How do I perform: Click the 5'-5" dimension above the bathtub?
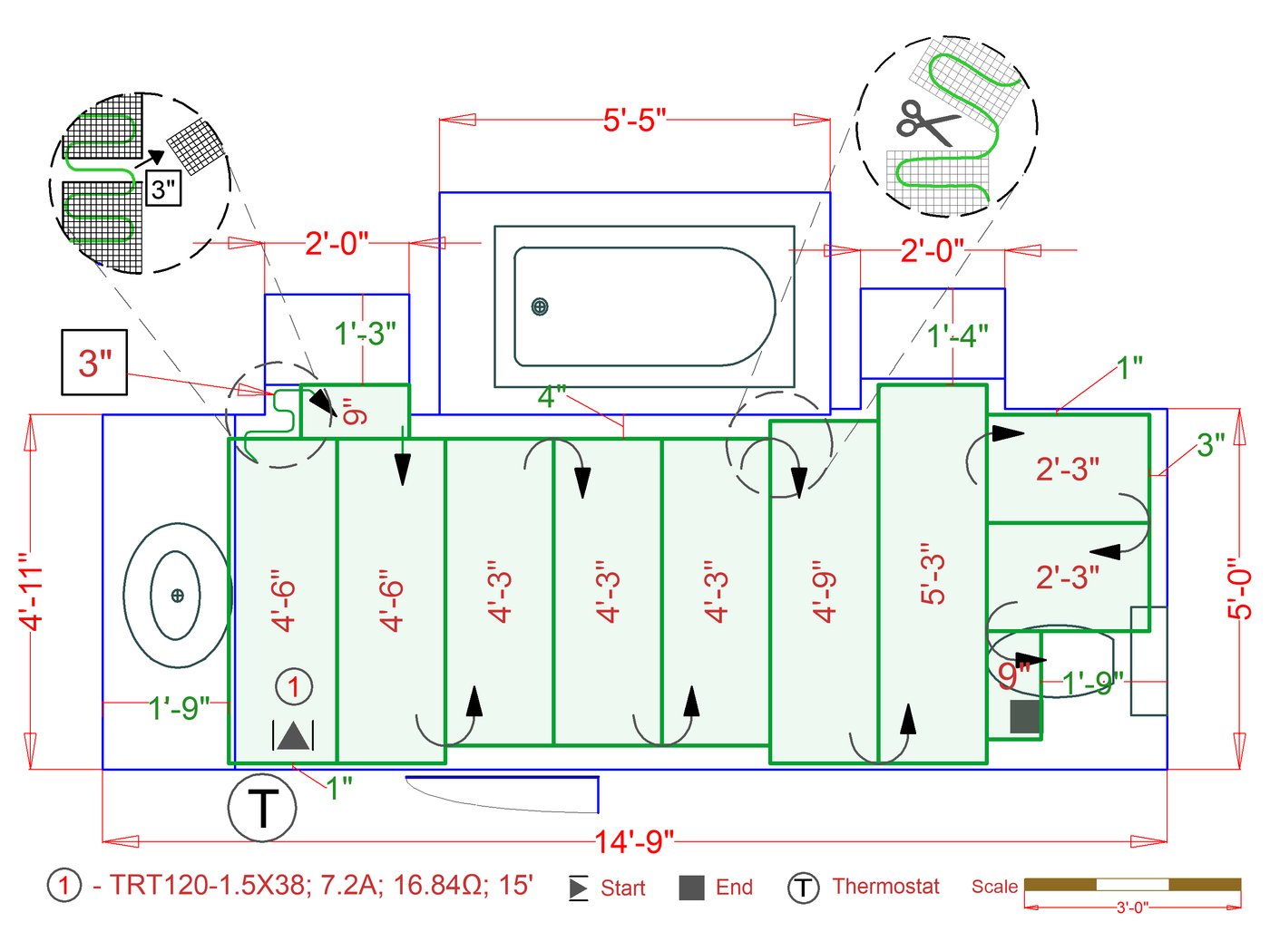pos(634,121)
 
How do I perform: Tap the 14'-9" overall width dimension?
pos(634,841)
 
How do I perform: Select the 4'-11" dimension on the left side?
pos(31,591)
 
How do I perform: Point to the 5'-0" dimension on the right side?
pos(1239,588)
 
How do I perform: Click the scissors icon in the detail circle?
pos(927,122)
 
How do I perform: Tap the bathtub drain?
pos(539,306)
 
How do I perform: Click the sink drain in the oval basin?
pos(178,596)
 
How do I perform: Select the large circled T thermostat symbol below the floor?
pos(262,808)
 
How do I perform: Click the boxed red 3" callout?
pos(94,363)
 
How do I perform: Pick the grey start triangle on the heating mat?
pos(293,736)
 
